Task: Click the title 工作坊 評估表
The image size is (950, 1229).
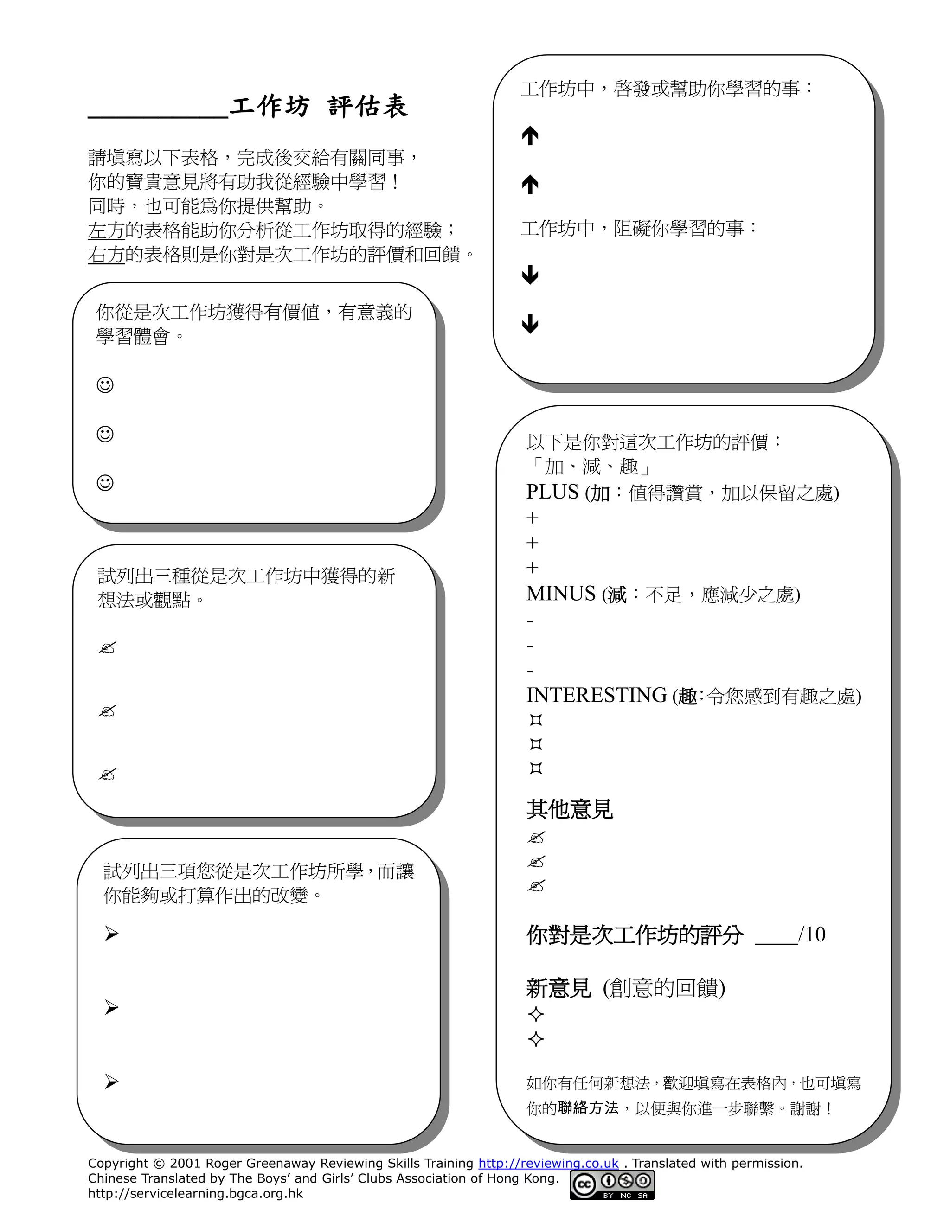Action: pos(319,106)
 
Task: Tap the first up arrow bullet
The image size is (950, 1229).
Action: pos(530,135)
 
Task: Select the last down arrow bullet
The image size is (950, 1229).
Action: pos(530,324)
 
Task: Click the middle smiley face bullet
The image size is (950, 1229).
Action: pos(105,434)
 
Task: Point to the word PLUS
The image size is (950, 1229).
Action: pos(552,493)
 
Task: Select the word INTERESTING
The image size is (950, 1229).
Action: pos(597,695)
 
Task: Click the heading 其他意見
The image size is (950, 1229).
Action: pos(570,809)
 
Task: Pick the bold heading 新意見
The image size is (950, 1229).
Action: pos(559,988)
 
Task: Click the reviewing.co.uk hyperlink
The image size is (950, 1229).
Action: pos(548,1163)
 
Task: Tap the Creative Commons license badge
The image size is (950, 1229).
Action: pos(612,1184)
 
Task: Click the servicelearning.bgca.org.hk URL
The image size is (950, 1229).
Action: pos(195,1194)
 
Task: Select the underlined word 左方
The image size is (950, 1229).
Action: pos(106,230)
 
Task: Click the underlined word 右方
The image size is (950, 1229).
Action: pos(106,254)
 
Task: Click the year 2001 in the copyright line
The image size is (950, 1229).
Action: pos(185,1163)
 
